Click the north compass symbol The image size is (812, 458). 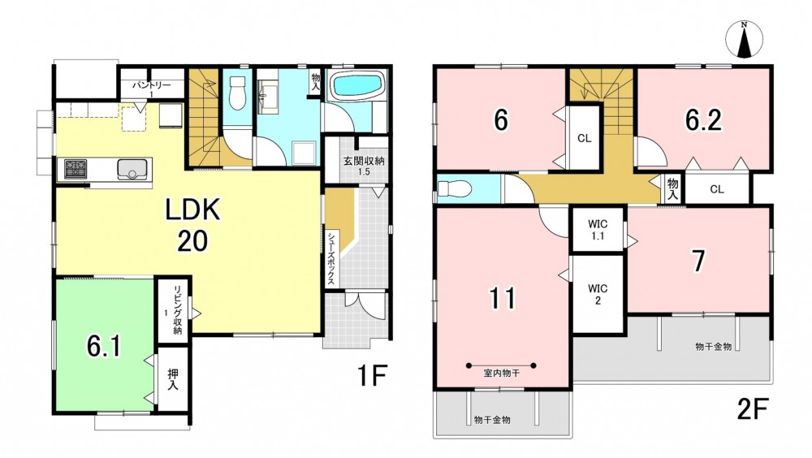click(745, 40)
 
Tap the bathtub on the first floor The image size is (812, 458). click(356, 85)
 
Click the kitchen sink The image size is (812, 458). click(132, 169)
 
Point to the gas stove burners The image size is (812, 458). click(76, 169)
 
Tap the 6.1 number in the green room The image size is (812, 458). click(104, 346)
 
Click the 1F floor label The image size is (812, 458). click(373, 375)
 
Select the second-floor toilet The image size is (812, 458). click(455, 188)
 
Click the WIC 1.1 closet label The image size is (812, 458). click(598, 230)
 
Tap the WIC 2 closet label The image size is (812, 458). click(598, 294)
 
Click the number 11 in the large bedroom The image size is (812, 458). click(503, 298)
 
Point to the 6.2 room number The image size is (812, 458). click(703, 120)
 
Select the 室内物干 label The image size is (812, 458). click(501, 373)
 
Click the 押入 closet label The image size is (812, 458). click(172, 379)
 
